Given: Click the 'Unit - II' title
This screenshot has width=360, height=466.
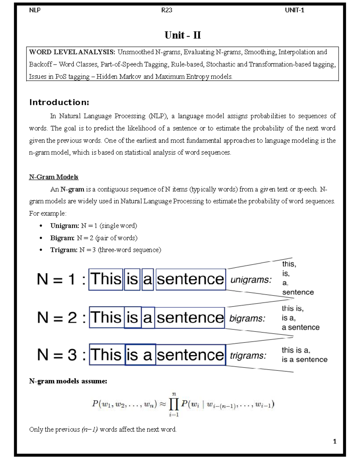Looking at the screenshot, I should click(x=182, y=35).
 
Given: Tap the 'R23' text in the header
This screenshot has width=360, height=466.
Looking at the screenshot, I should click(x=166, y=10).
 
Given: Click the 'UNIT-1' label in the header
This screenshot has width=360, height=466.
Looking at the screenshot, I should click(x=294, y=10).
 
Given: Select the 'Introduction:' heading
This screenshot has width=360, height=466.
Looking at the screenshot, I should click(x=59, y=102).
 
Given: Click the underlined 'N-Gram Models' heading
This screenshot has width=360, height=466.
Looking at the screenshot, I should click(x=53, y=177).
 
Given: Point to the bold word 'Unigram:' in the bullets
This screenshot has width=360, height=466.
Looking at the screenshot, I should click(x=64, y=226).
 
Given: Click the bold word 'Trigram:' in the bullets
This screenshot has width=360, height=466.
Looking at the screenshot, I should click(x=64, y=250).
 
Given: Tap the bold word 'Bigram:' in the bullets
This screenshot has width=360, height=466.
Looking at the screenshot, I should click(x=62, y=238).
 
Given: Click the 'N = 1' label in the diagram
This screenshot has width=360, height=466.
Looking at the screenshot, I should click(x=56, y=279).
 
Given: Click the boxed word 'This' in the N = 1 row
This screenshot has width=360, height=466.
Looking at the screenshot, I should click(x=106, y=279).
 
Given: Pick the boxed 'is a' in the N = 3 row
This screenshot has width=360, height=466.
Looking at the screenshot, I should click(x=140, y=355).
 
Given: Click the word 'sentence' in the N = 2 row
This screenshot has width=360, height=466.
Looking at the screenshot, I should click(x=190, y=318).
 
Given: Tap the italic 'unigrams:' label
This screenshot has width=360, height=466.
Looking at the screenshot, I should click(x=251, y=280).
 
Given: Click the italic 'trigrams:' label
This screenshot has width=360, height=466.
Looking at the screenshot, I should click(x=248, y=356).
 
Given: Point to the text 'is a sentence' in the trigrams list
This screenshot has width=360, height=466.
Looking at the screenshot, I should click(x=304, y=359).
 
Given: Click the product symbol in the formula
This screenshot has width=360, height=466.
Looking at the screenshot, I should click(x=174, y=404).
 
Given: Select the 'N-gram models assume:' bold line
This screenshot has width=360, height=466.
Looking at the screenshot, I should click(x=68, y=381).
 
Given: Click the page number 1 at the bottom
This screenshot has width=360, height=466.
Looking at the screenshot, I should click(x=334, y=441).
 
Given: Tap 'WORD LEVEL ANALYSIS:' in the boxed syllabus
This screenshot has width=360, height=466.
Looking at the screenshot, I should click(x=72, y=52).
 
